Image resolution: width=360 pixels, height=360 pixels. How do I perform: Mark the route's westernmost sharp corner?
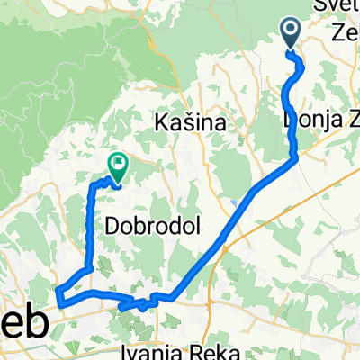click(58, 291)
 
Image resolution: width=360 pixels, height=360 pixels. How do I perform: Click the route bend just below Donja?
click(296, 158)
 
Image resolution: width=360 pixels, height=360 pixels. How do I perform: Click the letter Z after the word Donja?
click(347, 119)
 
